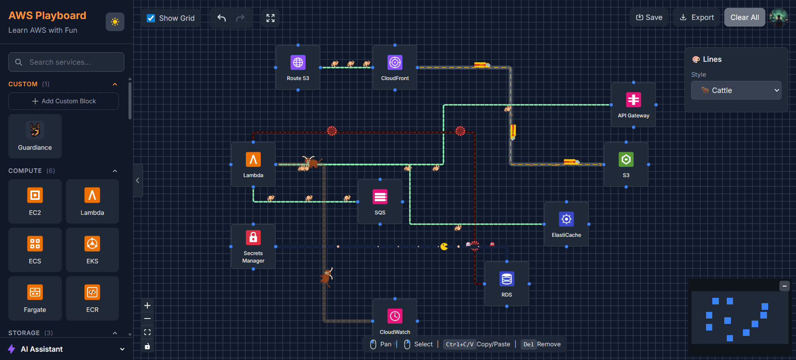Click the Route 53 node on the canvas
click(x=298, y=67)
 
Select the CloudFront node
click(x=395, y=67)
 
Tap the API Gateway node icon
click(x=633, y=100)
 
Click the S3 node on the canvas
click(x=626, y=164)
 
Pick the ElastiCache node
click(x=566, y=224)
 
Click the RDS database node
click(x=507, y=284)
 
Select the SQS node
click(x=380, y=202)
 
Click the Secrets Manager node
click(x=253, y=246)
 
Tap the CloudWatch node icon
click(x=395, y=316)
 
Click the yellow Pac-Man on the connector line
click(x=444, y=247)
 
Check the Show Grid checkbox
click(x=151, y=18)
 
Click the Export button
click(x=696, y=17)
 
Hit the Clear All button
click(x=744, y=17)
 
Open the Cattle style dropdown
click(x=736, y=90)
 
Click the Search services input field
click(x=66, y=62)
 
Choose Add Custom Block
click(x=63, y=101)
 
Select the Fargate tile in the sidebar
click(x=35, y=298)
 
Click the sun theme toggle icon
click(x=115, y=22)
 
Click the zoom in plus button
click(x=147, y=306)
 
